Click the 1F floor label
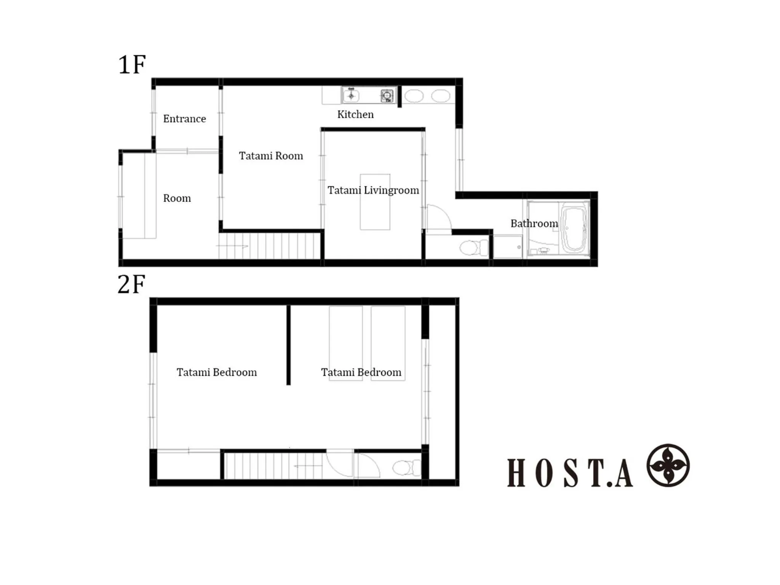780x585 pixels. pos(132,64)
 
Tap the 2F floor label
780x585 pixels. pos(131,284)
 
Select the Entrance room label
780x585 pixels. pos(184,119)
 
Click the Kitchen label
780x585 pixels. pos(355,114)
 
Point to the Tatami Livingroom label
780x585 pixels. pos(373,190)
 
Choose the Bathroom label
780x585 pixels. pos(534,224)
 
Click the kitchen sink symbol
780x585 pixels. pos(351,95)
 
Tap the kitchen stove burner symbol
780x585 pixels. pos(387,96)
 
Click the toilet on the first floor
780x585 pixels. pos(473,248)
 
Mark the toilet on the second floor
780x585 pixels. pos(406,468)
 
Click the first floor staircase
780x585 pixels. pos(269,246)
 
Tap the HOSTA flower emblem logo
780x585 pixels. pos(668,465)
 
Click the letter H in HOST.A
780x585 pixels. pos(516,473)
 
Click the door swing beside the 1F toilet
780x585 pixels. pos(438,219)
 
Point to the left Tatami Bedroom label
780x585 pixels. pos(216,372)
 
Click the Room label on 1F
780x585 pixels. pos(177,198)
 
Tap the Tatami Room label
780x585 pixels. pos(271,156)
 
